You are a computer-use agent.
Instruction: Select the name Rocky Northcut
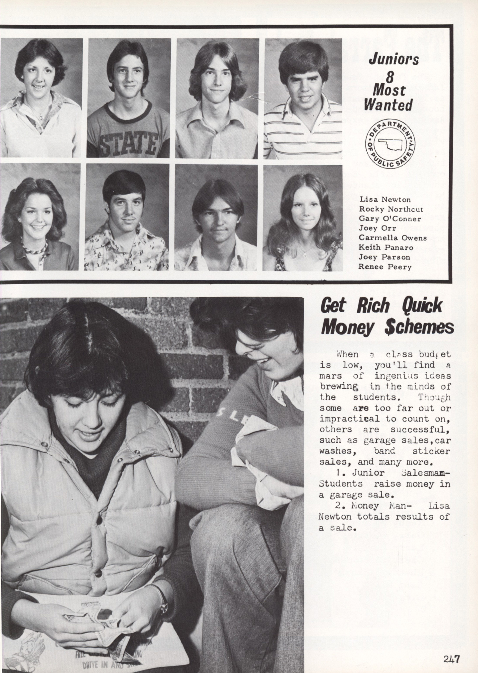click(391, 209)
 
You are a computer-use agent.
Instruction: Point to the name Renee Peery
click(385, 267)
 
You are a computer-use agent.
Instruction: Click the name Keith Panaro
click(386, 248)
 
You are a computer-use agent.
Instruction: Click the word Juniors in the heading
click(394, 59)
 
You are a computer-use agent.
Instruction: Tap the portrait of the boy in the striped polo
click(303, 99)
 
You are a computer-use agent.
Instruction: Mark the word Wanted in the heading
click(388, 105)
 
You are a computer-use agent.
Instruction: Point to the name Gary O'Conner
click(390, 219)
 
